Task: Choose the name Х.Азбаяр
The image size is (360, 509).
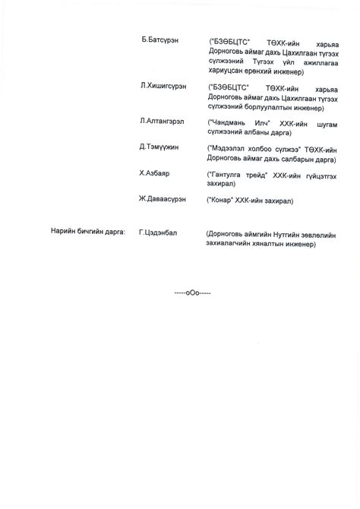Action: (x=154, y=173)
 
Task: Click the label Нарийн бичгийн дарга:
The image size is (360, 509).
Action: (x=87, y=232)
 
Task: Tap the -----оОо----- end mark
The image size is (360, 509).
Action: (x=192, y=292)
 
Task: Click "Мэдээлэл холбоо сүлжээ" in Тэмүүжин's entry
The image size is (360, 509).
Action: (x=254, y=147)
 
